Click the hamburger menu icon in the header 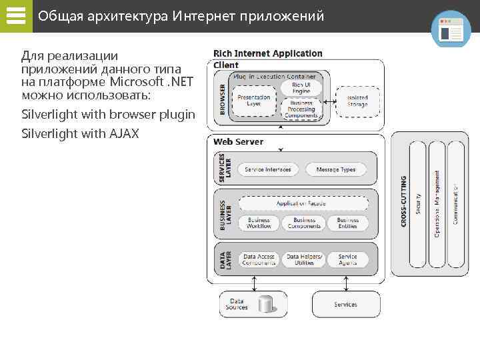[15, 16]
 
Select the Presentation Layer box [254, 100]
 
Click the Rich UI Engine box [301, 87]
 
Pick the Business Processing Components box [301, 109]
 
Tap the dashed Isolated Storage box [357, 101]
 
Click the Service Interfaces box [268, 169]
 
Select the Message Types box [336, 169]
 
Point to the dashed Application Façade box [301, 203]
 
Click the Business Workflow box [259, 223]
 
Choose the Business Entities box [347, 223]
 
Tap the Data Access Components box [259, 259]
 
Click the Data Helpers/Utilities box [304, 259]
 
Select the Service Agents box [347, 259]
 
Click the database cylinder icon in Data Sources [266, 304]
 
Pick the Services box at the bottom [345, 304]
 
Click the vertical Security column [418, 204]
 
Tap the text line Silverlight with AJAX [80, 134]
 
